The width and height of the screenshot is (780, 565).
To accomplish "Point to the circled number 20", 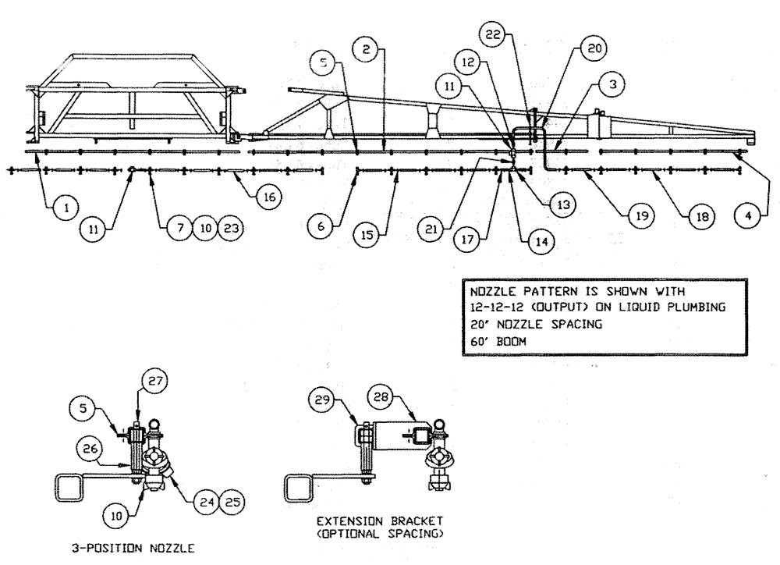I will [x=594, y=49].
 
